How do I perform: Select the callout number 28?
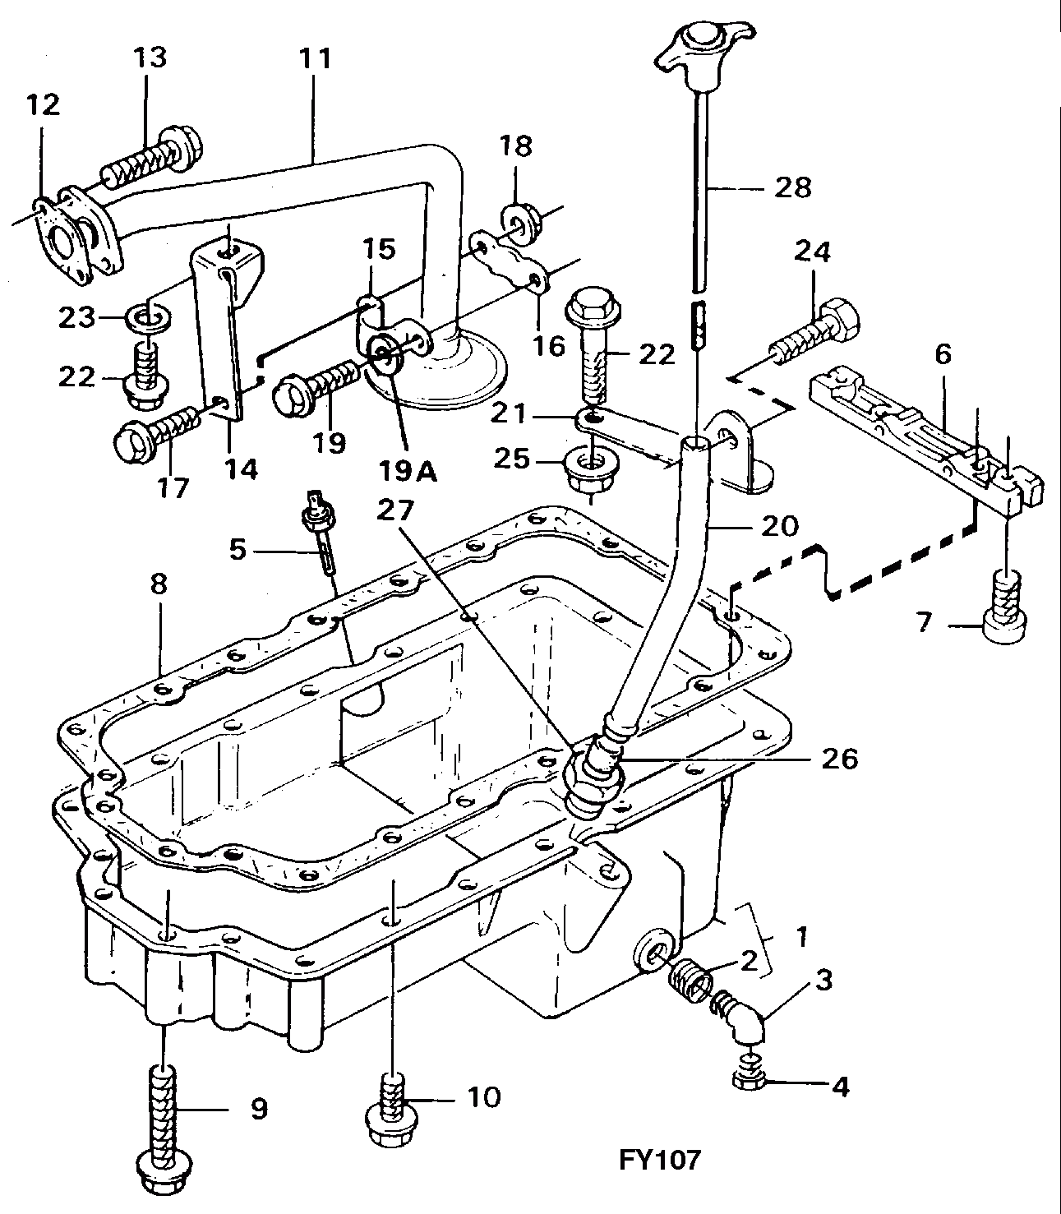[791, 187]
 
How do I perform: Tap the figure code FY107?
[659, 1160]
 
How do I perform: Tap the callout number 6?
[943, 355]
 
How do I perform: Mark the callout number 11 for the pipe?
[315, 58]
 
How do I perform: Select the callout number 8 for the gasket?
[159, 585]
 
